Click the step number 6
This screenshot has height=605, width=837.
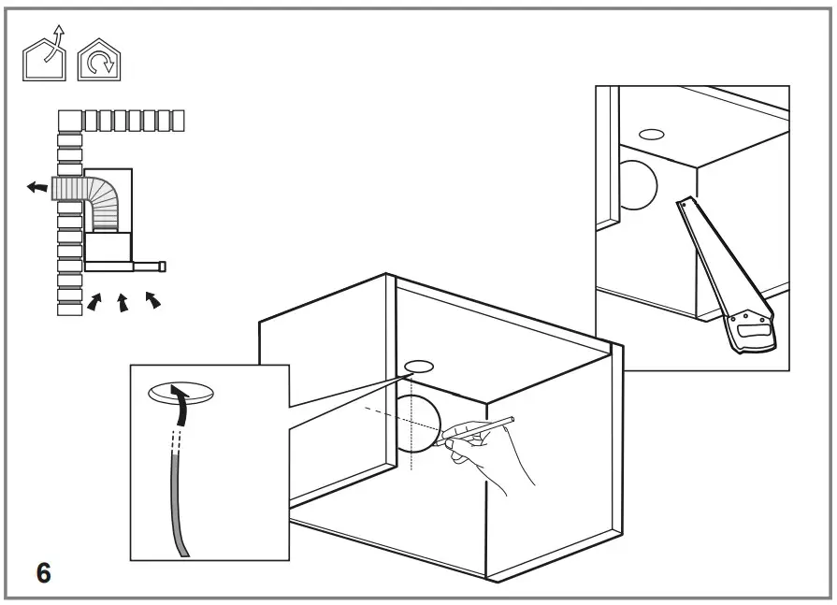(x=43, y=571)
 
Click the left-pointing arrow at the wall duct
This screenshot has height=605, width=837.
(x=37, y=187)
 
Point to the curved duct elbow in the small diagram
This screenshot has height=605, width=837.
(x=104, y=200)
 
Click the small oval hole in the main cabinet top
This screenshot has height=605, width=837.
(x=418, y=364)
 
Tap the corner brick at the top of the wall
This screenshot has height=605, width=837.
(x=70, y=121)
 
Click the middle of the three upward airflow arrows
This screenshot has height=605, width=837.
(x=122, y=303)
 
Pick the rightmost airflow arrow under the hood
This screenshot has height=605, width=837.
(x=152, y=299)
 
